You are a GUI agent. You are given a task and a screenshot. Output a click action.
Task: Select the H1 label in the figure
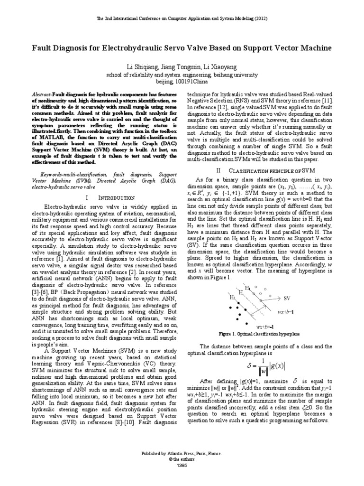point(247,288)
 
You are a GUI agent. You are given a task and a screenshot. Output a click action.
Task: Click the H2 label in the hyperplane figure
point(232,298)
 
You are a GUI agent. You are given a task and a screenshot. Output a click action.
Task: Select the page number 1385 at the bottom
point(182,465)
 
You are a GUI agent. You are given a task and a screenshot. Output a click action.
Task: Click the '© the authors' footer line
point(182,459)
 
